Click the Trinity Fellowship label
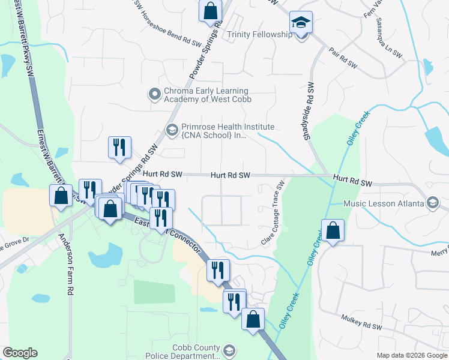259,35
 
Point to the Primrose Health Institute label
228,131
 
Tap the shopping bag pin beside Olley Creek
332,230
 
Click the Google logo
20,353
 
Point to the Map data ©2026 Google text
411,355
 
